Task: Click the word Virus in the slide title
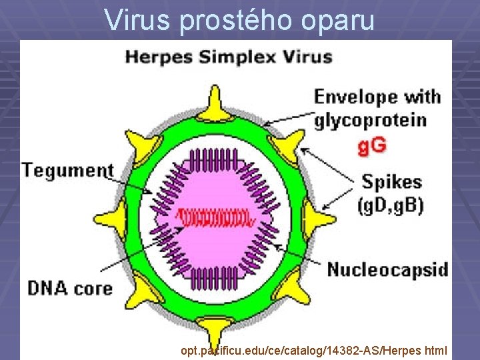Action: pos(138,21)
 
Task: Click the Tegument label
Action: pos(67,169)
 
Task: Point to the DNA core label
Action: pos(69,287)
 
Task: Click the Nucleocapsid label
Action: pos(387,270)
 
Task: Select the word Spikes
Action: pos(391,181)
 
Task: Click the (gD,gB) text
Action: pos(392,205)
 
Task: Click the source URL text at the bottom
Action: pos(313,349)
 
